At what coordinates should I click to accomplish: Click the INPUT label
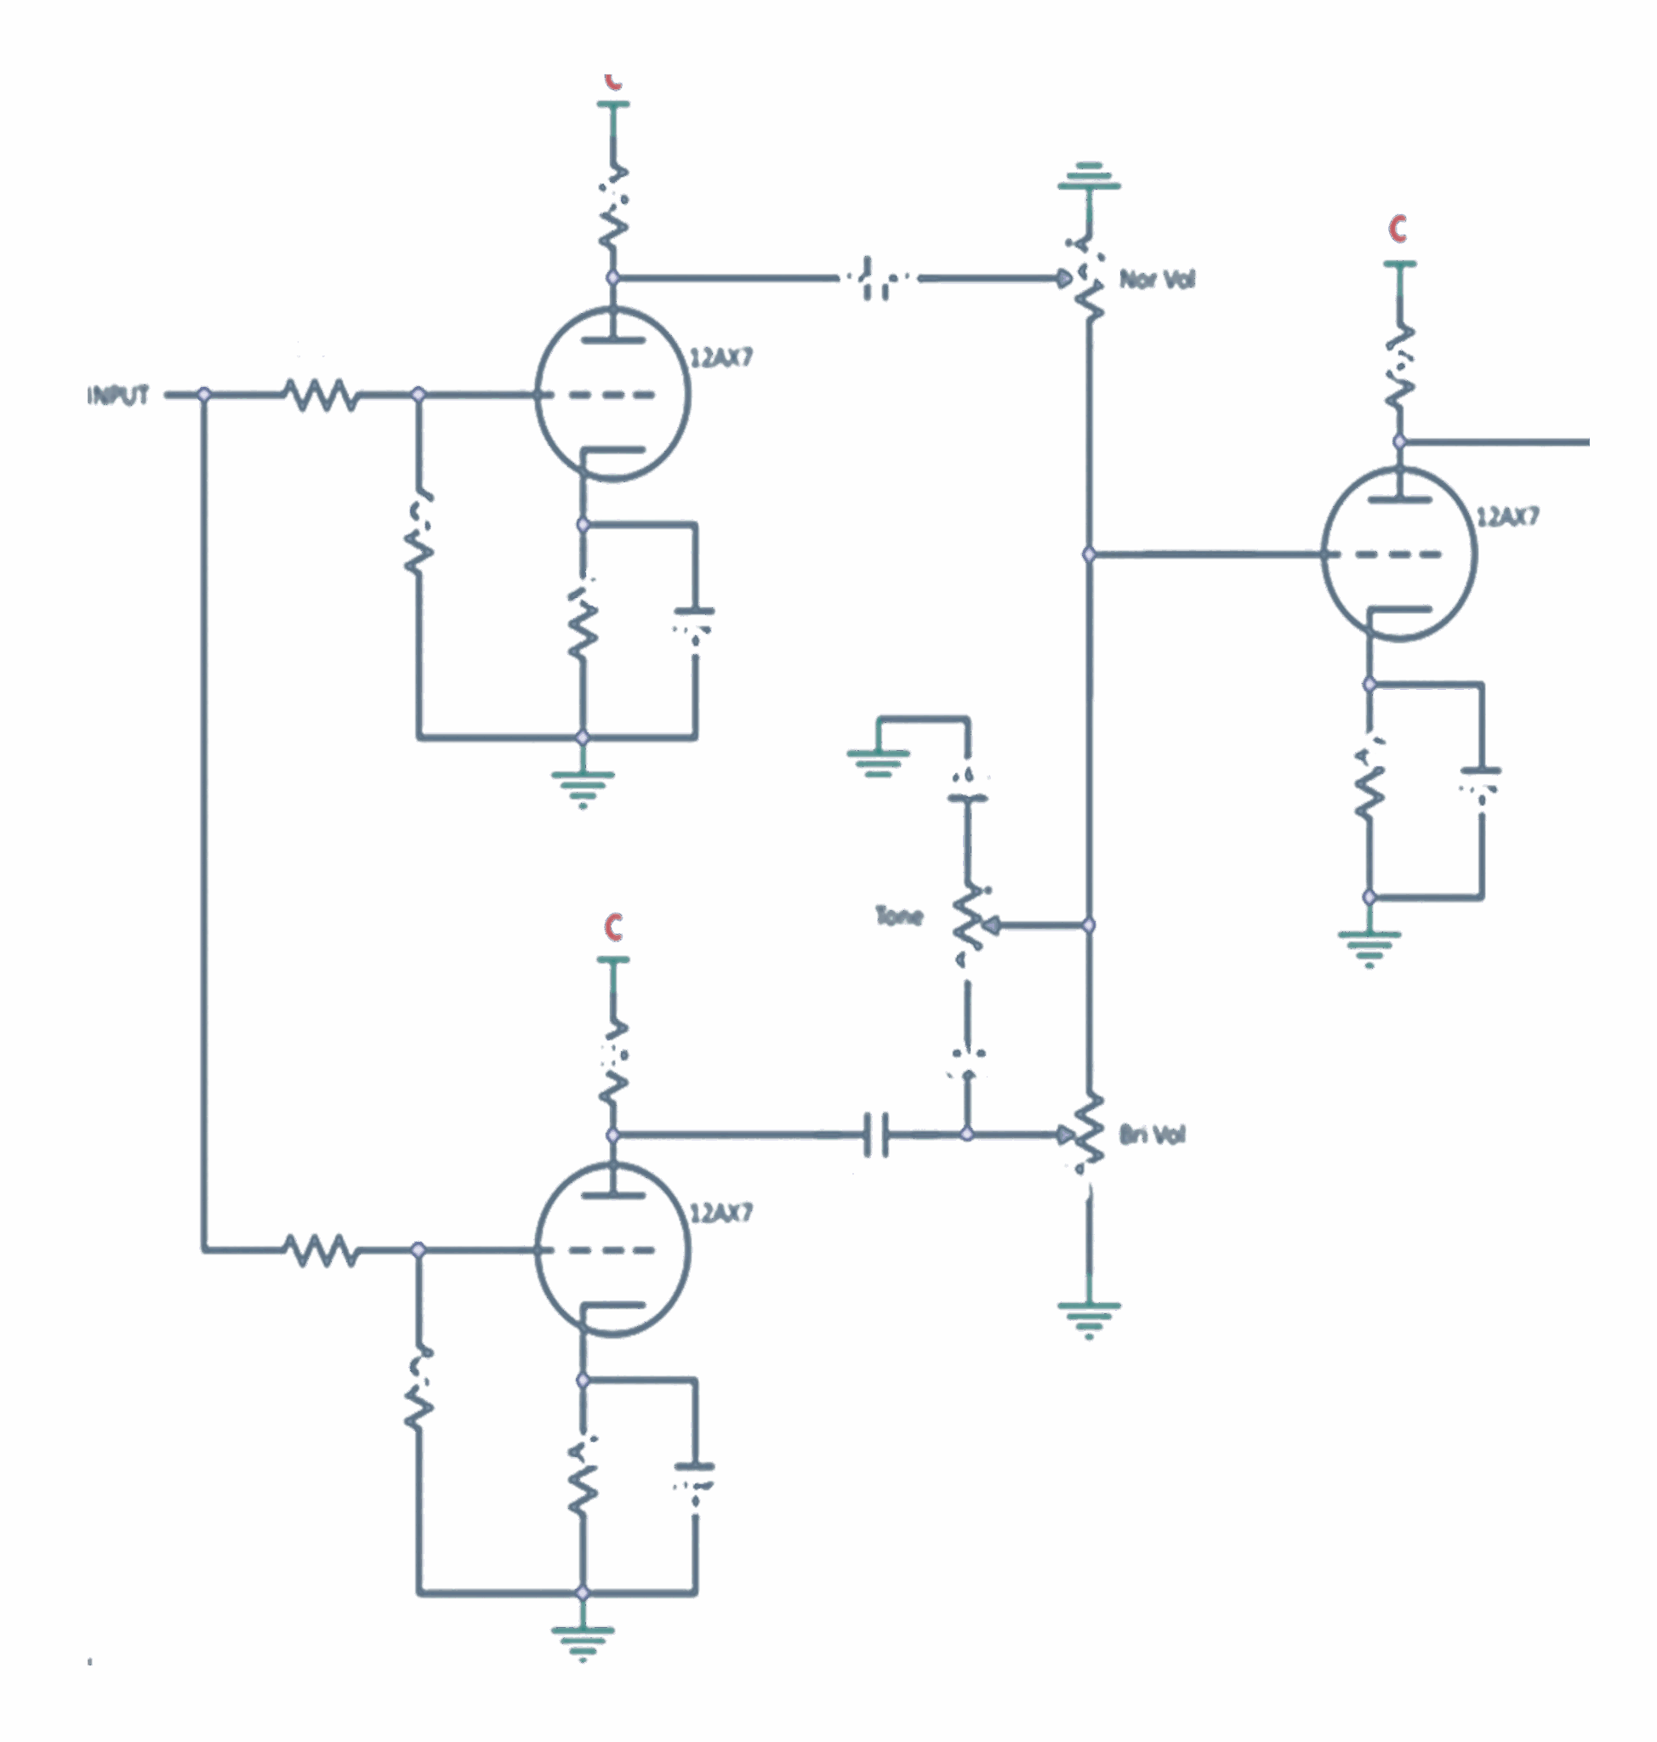(x=119, y=395)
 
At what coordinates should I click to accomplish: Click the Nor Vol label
(x=1157, y=280)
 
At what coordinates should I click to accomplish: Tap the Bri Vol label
(x=1153, y=1136)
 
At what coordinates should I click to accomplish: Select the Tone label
(x=899, y=916)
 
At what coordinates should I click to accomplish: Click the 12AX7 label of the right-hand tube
(x=1509, y=517)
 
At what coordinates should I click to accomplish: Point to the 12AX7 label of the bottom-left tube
(x=720, y=1214)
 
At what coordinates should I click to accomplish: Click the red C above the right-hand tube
(x=1398, y=230)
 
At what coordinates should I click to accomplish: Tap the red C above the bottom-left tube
(x=614, y=927)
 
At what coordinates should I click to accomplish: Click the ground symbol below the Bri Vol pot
(x=1089, y=1317)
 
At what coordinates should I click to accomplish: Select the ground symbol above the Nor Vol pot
(x=1089, y=178)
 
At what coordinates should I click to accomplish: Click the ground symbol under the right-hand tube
(x=1369, y=947)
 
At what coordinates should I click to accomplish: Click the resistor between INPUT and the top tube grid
(x=322, y=395)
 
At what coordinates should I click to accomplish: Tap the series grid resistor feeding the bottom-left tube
(x=322, y=1250)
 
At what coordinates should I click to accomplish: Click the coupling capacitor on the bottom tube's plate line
(x=875, y=1134)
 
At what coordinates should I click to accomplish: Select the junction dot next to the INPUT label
(x=204, y=394)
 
